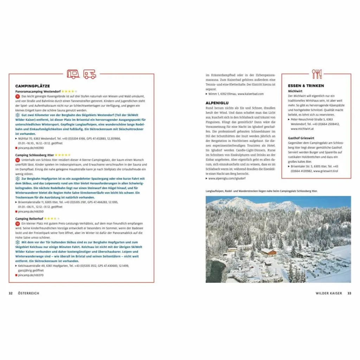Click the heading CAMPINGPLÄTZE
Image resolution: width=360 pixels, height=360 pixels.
pos(32,86)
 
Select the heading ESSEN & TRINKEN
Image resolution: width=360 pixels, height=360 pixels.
pos(306,86)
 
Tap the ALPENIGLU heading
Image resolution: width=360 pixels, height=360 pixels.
pos(218,102)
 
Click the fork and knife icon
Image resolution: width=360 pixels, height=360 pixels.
pos(317,74)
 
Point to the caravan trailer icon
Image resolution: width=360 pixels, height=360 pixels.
pos(73,74)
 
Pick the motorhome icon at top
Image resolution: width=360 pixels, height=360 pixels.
pos(90,74)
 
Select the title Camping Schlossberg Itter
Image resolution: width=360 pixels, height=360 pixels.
pos(34,155)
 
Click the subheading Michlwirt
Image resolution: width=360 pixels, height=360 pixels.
pos(295,91)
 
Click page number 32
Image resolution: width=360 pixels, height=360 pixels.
pos(11,293)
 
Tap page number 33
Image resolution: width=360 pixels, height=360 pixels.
pos(349,293)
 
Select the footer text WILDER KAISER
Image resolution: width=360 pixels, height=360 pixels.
pos(329,293)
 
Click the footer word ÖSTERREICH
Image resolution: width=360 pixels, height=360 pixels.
pos(28,293)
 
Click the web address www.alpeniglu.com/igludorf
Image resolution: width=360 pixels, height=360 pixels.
pos(227,179)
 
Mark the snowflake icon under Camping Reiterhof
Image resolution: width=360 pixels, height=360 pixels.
pos(17,242)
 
